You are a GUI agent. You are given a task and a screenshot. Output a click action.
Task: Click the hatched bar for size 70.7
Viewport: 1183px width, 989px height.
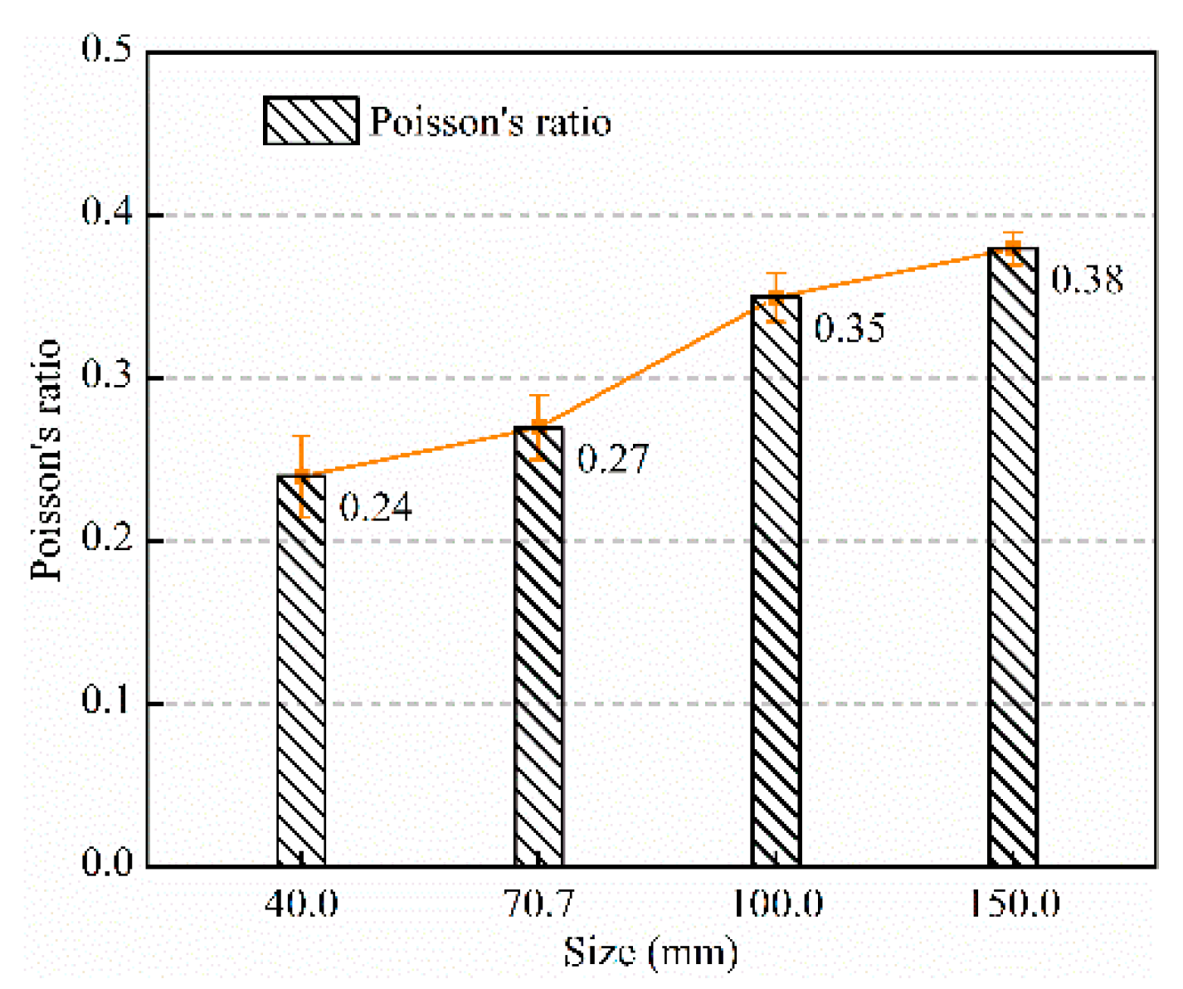click(x=538, y=647)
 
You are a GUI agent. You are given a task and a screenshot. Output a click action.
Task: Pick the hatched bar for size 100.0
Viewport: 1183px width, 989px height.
click(x=776, y=581)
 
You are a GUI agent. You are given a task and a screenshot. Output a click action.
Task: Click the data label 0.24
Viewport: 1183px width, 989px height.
click(x=376, y=507)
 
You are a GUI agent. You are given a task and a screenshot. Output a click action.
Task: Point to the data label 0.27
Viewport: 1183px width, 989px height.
click(x=613, y=459)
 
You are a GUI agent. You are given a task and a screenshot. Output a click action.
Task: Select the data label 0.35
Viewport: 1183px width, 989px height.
click(x=850, y=328)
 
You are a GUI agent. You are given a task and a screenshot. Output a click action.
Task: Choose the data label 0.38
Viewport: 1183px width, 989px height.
click(x=1088, y=280)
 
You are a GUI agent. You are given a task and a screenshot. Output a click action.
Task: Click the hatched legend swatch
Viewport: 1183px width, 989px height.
click(x=311, y=121)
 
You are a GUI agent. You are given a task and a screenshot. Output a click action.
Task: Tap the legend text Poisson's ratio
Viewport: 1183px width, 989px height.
click(x=490, y=122)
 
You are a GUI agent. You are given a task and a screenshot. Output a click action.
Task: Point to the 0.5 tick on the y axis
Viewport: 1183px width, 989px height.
click(x=108, y=50)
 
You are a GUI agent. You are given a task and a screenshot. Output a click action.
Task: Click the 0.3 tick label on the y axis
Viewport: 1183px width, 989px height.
click(x=108, y=376)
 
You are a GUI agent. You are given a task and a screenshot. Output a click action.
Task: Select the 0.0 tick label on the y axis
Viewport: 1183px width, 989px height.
click(x=108, y=863)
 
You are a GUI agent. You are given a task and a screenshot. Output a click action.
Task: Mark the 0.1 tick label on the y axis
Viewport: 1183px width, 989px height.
click(x=108, y=701)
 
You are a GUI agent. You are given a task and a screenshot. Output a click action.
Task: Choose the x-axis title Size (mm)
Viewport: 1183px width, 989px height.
click(x=650, y=952)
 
